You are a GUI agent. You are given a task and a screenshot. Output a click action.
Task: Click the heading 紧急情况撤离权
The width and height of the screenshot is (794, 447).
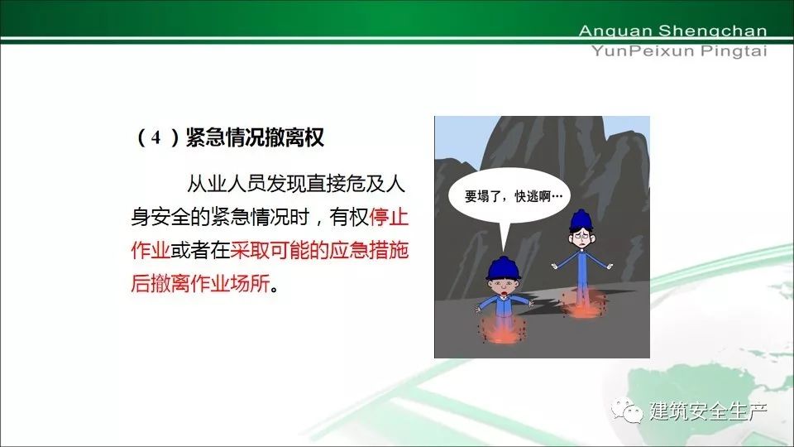coord(255,137)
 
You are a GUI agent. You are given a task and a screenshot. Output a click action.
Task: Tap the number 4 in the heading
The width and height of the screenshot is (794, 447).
coord(156,137)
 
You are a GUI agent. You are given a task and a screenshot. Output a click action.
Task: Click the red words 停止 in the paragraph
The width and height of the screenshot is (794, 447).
coord(389,217)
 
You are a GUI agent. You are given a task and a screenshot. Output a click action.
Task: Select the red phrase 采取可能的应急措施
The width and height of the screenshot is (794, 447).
coord(319,250)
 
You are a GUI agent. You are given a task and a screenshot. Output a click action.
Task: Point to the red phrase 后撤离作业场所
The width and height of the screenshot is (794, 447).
coord(200,283)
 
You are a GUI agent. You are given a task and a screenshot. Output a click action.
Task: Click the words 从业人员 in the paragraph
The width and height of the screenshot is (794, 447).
coord(227,184)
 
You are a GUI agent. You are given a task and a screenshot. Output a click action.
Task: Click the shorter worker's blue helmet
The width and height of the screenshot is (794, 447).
coord(503,267)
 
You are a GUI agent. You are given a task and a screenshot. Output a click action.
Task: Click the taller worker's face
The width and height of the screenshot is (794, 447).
coord(581,238)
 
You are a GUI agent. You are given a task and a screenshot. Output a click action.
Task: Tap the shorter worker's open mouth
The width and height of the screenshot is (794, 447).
coord(505,293)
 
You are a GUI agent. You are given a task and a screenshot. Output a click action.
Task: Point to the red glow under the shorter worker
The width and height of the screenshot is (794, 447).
coord(502,329)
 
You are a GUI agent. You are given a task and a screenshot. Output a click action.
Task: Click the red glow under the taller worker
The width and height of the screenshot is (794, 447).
coord(582,304)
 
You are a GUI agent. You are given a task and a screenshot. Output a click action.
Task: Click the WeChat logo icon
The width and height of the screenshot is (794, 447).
coord(626,410)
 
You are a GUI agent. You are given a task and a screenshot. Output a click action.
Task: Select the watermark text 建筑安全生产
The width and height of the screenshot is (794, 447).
coord(708,411)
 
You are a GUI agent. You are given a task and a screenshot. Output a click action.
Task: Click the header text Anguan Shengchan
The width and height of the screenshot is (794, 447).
coord(672,31)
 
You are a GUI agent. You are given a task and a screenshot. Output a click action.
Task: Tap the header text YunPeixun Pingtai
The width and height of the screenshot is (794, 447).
coord(679,51)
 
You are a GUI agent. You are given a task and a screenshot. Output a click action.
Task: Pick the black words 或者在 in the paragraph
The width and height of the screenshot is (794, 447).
coord(200,250)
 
